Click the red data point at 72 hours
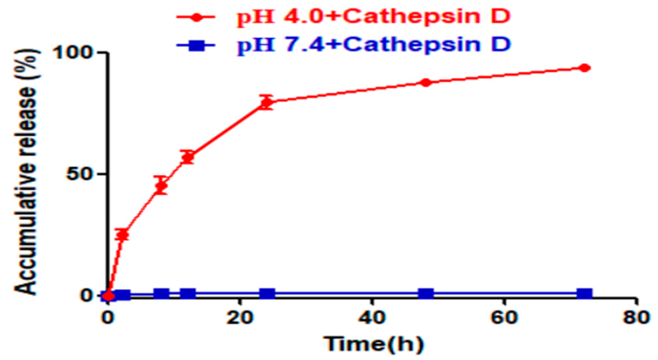click(584, 68)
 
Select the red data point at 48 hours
click(426, 82)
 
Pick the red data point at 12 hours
click(188, 157)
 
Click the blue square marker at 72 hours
click(584, 294)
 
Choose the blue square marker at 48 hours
click(426, 294)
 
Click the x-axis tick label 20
click(240, 317)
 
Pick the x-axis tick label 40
click(372, 317)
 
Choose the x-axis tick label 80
click(636, 317)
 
